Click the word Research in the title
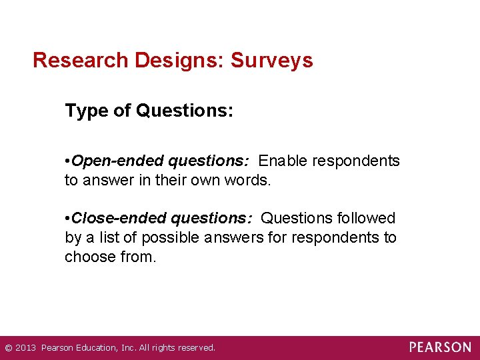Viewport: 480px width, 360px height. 81,61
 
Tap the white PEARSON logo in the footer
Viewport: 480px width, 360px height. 440,347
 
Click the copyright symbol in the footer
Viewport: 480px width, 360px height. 8,348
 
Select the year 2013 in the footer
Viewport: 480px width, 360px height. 26,348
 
